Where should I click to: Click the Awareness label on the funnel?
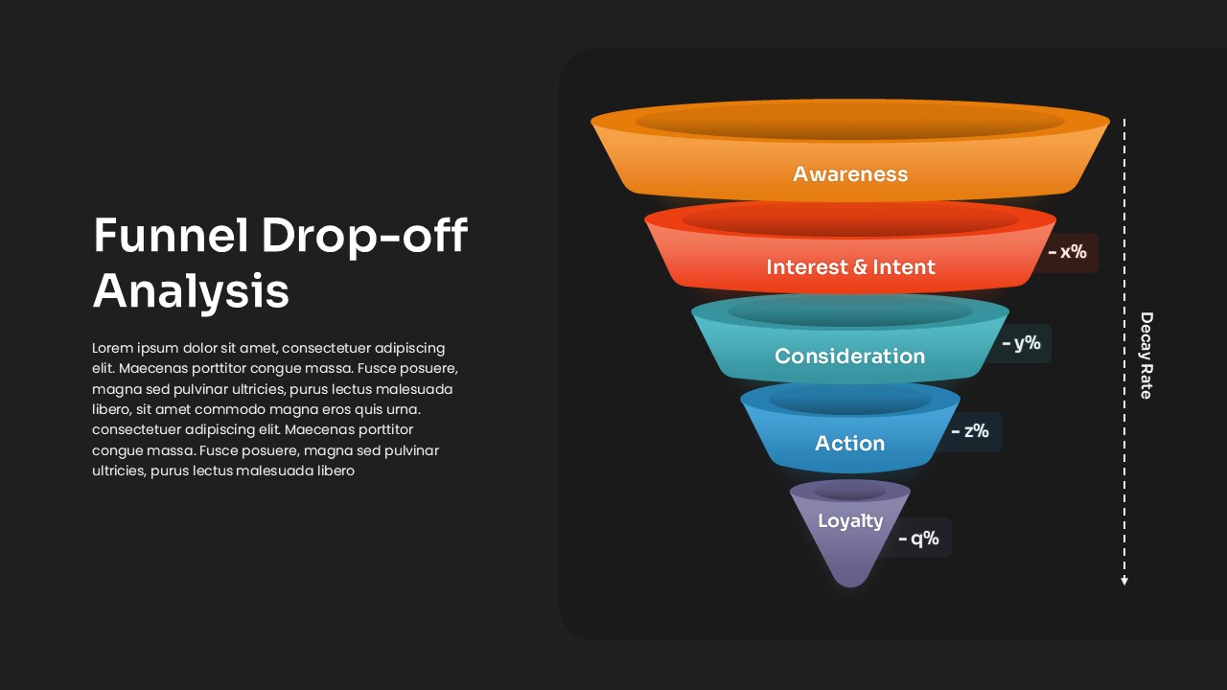(850, 174)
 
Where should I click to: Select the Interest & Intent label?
(850, 267)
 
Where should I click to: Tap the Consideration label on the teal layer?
(849, 356)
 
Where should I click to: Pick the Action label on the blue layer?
(849, 443)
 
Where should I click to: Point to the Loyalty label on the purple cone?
(850, 520)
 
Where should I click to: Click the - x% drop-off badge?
(1067, 252)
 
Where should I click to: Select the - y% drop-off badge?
(1021, 343)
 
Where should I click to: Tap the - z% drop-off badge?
(970, 431)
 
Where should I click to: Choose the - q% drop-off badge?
(918, 539)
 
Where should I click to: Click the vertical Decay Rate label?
(1146, 356)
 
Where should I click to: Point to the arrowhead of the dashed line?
(1124, 582)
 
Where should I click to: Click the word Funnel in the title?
(171, 235)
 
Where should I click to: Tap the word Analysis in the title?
(191, 291)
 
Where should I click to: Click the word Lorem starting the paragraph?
(112, 348)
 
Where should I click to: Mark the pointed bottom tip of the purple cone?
(850, 586)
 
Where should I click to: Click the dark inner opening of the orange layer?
(850, 121)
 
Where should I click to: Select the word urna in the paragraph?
(405, 409)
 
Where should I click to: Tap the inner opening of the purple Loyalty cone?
(850, 492)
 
